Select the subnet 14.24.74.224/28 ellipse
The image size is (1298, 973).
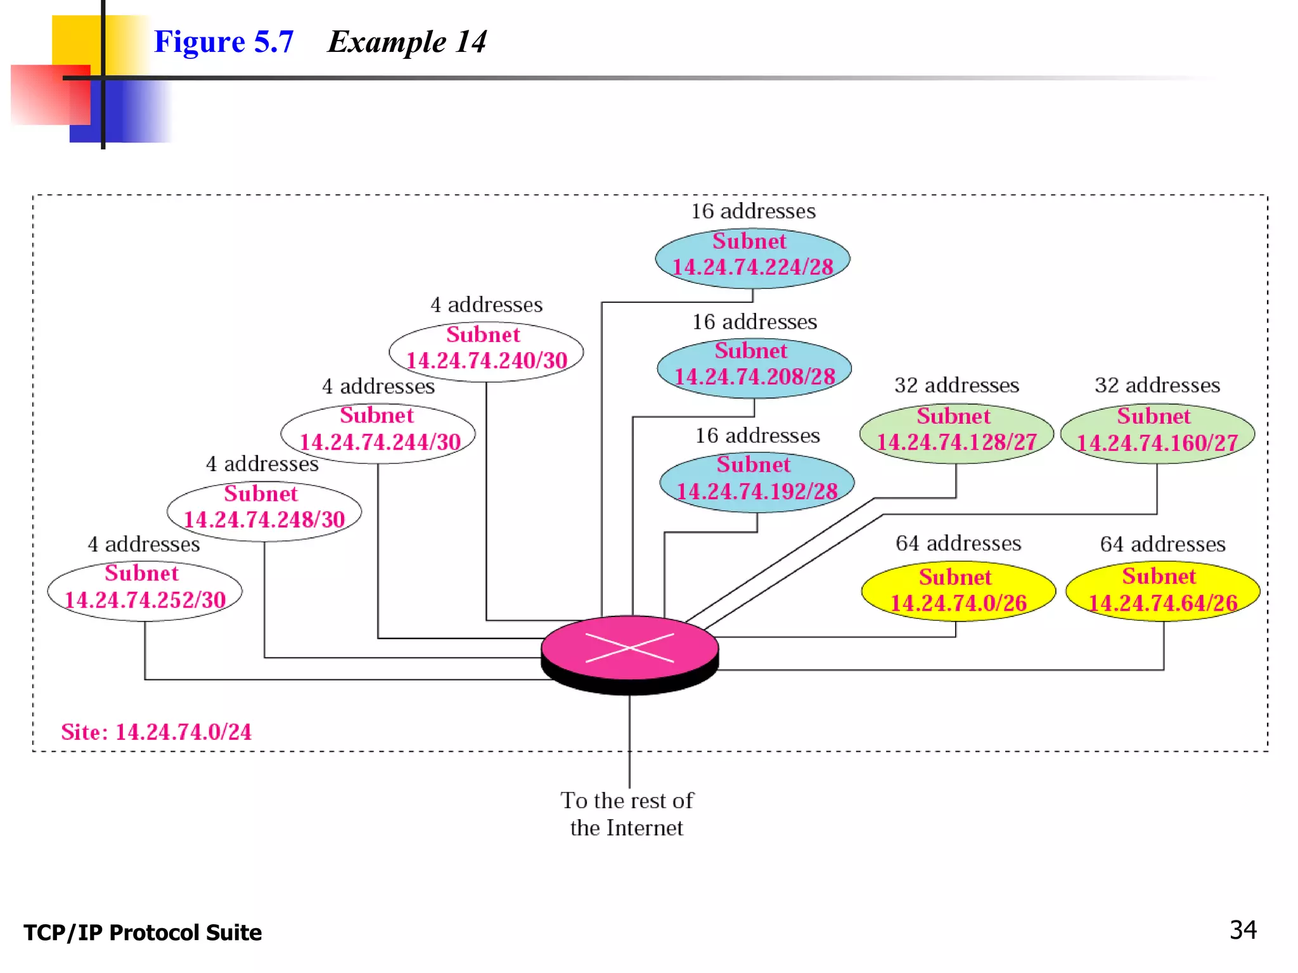[x=752, y=258]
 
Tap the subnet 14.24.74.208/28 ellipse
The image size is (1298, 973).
[x=754, y=368]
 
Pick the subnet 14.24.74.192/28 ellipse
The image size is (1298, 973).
[x=757, y=482]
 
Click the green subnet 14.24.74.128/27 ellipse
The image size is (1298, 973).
[x=956, y=433]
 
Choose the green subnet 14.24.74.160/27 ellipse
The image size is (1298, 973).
[x=1157, y=433]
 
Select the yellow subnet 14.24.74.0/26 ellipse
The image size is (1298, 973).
[x=958, y=591]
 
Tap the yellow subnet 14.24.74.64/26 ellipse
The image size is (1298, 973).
[x=1163, y=591]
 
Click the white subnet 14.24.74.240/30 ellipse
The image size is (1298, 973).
[x=486, y=352]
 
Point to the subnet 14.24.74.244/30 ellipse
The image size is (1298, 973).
[x=378, y=433]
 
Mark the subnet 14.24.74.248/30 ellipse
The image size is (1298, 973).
[x=264, y=511]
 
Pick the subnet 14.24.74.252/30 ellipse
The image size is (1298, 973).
[x=145, y=591]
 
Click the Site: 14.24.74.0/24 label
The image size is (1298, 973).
[x=157, y=732]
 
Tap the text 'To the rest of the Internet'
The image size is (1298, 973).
[x=627, y=814]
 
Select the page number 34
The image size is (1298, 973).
[x=1243, y=930]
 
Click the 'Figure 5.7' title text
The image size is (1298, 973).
[x=224, y=42]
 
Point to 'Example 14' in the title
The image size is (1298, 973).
[x=408, y=42]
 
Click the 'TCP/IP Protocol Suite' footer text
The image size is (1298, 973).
[x=143, y=932]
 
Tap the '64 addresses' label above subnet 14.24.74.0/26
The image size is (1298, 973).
[x=958, y=544]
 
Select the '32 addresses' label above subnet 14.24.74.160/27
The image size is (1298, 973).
[x=1157, y=385]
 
